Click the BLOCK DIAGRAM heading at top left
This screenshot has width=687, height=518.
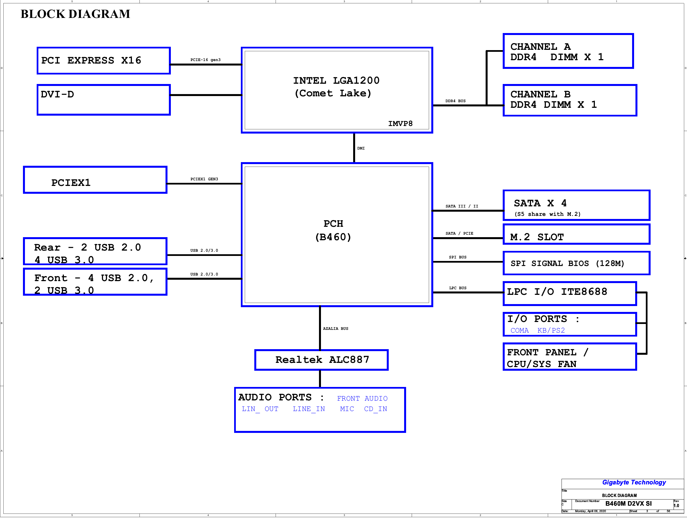click(75, 14)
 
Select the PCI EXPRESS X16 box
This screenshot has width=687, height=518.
click(103, 60)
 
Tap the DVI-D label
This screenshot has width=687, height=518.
click(57, 94)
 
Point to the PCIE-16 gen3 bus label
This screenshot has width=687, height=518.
click(205, 60)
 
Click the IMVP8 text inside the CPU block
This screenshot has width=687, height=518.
click(400, 123)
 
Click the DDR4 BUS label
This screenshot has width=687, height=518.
click(455, 101)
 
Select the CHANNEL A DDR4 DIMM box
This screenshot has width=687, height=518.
click(568, 51)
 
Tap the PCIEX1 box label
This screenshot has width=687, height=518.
click(71, 183)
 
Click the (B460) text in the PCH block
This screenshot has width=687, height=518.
click(333, 237)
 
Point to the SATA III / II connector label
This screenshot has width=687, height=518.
click(462, 206)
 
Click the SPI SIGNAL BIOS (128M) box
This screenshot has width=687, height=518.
click(576, 263)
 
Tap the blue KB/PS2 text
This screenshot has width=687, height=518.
click(551, 330)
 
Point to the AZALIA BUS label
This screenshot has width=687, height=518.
click(336, 328)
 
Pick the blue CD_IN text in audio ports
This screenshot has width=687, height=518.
click(376, 409)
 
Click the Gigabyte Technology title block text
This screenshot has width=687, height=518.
click(634, 482)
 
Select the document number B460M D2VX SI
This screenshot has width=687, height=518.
click(628, 503)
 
